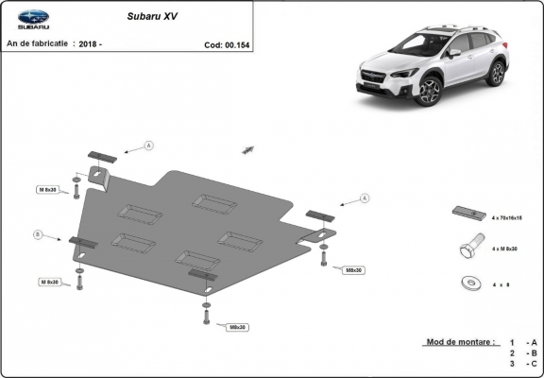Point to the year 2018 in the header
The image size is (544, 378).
[x=90, y=44]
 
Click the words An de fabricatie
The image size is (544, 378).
[x=37, y=44]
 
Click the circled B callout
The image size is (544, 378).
[x=39, y=233]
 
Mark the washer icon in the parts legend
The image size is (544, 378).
[x=467, y=281]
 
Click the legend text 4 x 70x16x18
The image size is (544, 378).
[x=507, y=218]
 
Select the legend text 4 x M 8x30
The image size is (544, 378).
[x=505, y=249]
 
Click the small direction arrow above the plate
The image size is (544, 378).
[x=249, y=148]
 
